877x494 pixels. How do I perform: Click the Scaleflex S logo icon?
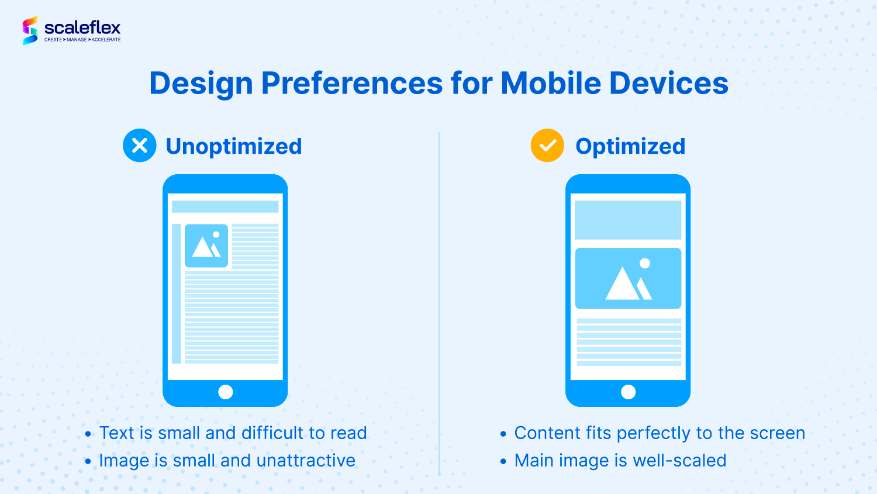(x=30, y=30)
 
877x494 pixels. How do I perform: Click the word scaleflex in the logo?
(x=82, y=28)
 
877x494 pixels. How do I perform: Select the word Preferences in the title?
(x=351, y=83)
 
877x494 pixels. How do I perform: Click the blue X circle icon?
(x=139, y=145)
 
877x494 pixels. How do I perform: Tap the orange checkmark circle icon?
(x=547, y=145)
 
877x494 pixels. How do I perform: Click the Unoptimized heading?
(x=234, y=147)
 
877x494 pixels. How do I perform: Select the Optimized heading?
(x=630, y=147)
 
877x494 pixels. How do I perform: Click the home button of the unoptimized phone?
(x=226, y=392)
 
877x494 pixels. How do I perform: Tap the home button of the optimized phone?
(x=629, y=392)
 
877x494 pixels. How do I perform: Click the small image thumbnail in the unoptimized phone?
(x=206, y=246)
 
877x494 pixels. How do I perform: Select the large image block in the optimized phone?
(x=628, y=278)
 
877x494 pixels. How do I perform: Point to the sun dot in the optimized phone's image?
(x=645, y=264)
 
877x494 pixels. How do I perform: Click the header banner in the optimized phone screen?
(x=628, y=220)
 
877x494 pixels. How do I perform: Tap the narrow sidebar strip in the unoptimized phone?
(x=177, y=293)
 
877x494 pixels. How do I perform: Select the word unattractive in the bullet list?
(x=306, y=460)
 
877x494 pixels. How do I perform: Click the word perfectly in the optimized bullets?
(x=653, y=434)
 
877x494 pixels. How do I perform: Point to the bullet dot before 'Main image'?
(x=503, y=461)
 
